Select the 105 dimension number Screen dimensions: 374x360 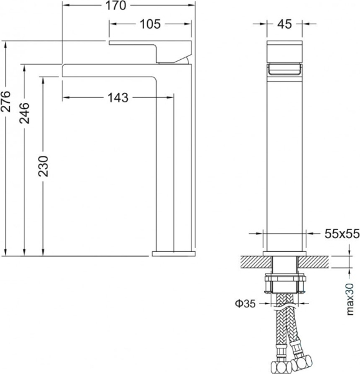click(x=149, y=24)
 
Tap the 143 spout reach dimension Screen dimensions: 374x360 click(x=117, y=97)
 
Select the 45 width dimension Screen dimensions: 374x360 click(x=285, y=24)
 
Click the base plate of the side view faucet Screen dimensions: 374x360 click(x=172, y=252)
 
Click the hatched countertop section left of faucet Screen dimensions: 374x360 click(x=250, y=260)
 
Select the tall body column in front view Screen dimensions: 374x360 click(x=285, y=156)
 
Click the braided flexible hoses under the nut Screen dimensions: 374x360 click(x=285, y=324)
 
